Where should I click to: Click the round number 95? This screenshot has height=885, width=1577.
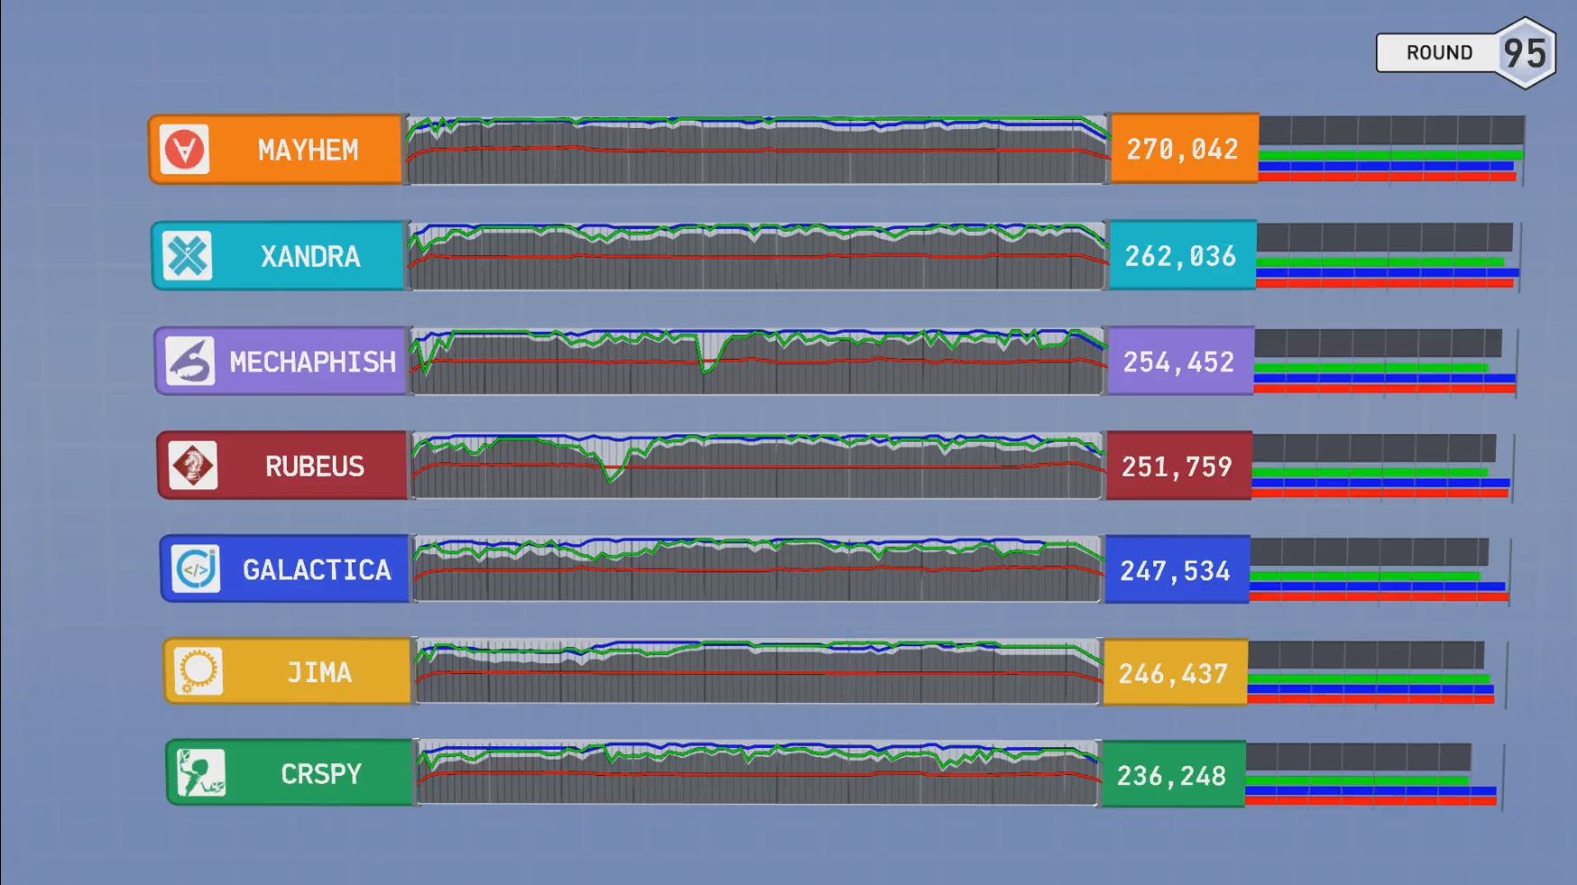click(x=1525, y=53)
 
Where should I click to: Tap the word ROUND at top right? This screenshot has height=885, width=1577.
click(x=1439, y=53)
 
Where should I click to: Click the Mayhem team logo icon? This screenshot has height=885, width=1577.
click(x=185, y=149)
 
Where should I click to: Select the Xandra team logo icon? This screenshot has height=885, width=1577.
click(x=188, y=256)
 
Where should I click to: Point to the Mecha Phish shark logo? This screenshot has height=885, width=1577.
click(x=190, y=361)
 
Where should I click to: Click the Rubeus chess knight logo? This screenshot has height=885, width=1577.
click(x=193, y=466)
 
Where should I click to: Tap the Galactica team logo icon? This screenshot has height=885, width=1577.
click(x=196, y=569)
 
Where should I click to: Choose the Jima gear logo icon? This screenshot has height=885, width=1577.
click(x=198, y=671)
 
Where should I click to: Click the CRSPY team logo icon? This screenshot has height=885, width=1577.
click(x=201, y=773)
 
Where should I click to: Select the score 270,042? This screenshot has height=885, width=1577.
click(x=1182, y=150)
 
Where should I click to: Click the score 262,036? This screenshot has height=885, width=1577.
click(x=1180, y=257)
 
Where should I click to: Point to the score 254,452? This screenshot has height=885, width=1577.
click(x=1178, y=362)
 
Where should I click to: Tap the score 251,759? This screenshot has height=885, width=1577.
click(x=1177, y=467)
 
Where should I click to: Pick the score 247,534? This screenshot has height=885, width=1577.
click(x=1175, y=571)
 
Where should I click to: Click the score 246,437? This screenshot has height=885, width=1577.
click(x=1173, y=674)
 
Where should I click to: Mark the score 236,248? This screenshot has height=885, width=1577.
click(x=1171, y=776)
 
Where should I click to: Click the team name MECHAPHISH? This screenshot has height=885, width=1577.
click(x=313, y=362)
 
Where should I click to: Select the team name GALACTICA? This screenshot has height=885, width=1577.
click(x=317, y=570)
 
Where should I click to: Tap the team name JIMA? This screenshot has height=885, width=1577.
click(x=319, y=673)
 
